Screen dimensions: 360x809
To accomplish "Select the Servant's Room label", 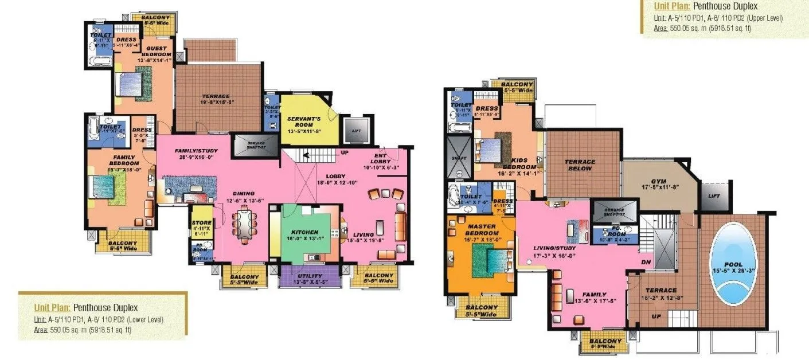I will coord(304,122).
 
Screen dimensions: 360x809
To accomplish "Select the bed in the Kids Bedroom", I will coord(491,150).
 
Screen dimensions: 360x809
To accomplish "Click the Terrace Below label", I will coord(580,165).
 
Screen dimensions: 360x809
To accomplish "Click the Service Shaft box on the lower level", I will coord(251,146).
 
